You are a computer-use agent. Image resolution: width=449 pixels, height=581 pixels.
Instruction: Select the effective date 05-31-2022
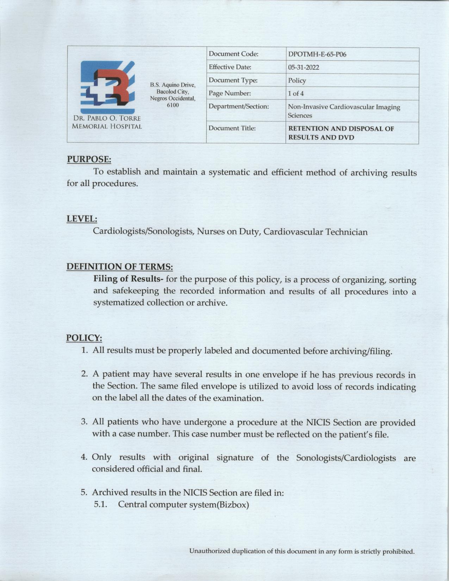pos(303,68)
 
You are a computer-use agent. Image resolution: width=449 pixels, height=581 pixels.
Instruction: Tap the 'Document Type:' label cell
pos(233,80)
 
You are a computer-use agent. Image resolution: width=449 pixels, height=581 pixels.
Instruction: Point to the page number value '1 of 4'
pos(295,94)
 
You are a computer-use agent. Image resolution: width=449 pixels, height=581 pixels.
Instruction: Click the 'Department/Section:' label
pos(238,106)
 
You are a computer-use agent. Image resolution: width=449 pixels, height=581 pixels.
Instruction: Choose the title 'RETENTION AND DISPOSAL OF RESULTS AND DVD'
pos(341,133)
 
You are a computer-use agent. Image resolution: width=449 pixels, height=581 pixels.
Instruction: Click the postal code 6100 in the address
pos(173,105)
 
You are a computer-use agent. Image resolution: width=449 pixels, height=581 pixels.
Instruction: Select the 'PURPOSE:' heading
pos(89,160)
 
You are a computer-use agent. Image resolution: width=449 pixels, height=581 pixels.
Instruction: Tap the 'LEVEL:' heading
pos(82,219)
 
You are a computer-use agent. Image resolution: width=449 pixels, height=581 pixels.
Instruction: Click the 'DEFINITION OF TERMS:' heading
pos(119,267)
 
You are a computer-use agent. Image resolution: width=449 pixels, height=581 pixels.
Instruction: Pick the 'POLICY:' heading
pos(84,338)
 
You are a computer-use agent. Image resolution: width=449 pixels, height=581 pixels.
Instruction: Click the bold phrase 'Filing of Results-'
pos(128,279)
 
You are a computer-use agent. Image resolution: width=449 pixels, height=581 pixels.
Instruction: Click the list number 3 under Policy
pos(84,421)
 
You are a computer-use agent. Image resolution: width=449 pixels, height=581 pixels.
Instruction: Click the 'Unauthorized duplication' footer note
pos(302,551)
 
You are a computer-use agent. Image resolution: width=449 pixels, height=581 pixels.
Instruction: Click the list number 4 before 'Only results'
pos(84,457)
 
